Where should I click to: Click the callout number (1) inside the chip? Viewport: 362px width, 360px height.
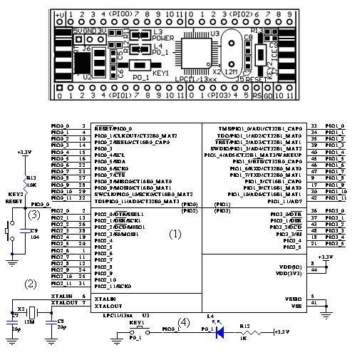point(175,233)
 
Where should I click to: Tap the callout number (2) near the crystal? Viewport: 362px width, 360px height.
point(30,283)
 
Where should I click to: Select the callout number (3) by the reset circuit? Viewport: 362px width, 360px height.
point(33,214)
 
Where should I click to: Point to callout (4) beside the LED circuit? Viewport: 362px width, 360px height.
point(184,322)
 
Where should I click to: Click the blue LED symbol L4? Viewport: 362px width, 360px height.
point(219,331)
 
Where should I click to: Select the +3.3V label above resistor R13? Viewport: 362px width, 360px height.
point(24,153)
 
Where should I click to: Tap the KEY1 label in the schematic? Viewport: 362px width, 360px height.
point(137,322)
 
